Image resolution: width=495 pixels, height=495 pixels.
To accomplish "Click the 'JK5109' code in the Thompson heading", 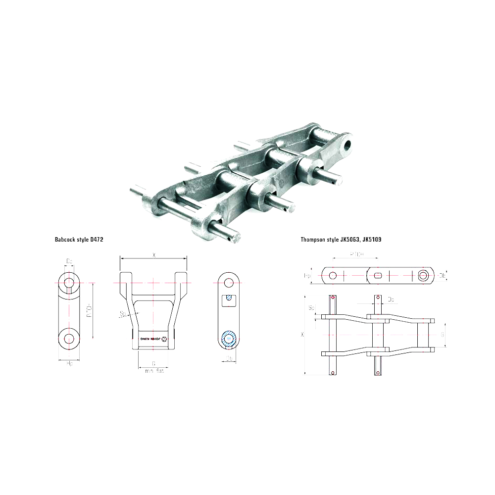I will coord(371,239).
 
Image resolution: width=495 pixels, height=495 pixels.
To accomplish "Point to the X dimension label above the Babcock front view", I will coord(154,255).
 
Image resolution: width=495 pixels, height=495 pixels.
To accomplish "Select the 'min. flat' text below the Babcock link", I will coord(154,371).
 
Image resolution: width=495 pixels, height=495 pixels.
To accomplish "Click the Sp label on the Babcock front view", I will coord(122,314).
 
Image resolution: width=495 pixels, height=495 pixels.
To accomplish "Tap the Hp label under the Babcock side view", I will coord(70,364).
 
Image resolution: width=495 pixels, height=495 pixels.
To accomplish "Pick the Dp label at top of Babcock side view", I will coord(69,260).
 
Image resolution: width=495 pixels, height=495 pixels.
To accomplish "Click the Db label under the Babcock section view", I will coord(229,359).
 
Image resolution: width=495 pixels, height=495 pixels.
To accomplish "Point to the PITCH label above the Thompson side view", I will coord(353,254).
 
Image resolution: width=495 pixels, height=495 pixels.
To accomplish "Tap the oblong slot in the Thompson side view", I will coord(378,275).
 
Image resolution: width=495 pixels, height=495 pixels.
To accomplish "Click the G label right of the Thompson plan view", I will coord(442,335).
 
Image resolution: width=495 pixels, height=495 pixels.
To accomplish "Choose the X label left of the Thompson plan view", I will coord(303,335).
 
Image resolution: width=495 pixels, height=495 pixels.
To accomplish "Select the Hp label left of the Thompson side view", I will coord(306,275).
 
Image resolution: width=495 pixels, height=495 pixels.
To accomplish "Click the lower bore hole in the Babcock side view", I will coord(68,339).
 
